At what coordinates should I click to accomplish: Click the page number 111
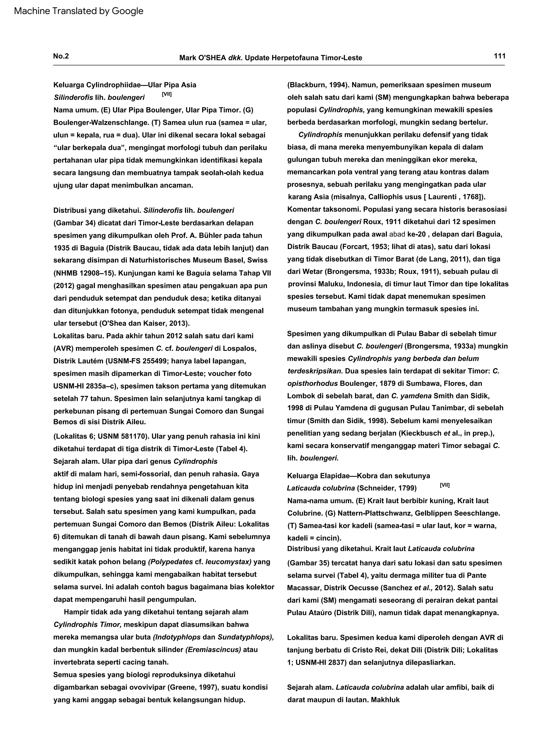(499, 56)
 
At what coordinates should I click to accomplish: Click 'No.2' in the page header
(61, 56)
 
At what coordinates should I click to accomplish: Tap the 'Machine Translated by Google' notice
(79, 11)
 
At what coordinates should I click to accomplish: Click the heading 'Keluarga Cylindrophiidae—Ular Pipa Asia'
(125, 85)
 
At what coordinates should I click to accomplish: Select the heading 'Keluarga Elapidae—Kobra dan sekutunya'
(358, 476)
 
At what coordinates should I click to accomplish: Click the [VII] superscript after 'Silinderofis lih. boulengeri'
(166, 95)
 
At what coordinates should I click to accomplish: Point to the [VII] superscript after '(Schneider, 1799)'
(444, 485)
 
